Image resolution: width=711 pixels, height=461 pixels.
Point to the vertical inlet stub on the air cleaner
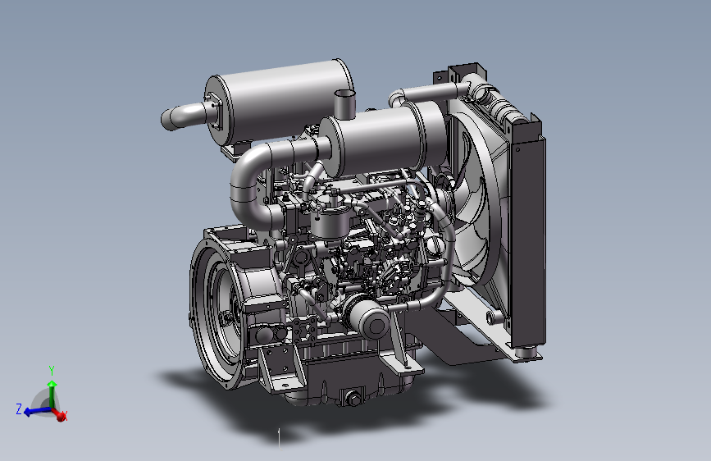(344, 104)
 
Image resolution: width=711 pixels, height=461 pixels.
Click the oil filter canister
(367, 317)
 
